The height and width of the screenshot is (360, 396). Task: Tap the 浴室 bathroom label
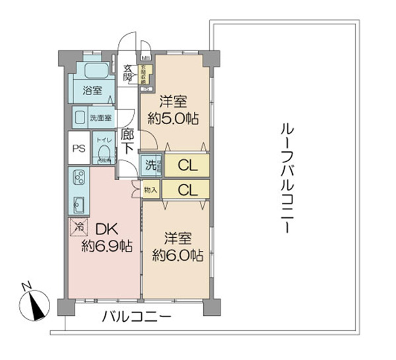click(x=92, y=90)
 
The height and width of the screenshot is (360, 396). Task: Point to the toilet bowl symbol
click(x=102, y=154)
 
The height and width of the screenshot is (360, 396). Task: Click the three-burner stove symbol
click(x=78, y=178)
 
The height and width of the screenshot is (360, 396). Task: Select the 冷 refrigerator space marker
click(x=77, y=227)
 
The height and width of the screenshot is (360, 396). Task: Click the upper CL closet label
click(x=187, y=163)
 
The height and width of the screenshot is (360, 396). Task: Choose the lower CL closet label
click(x=187, y=190)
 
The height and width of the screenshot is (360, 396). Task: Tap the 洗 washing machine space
click(x=151, y=164)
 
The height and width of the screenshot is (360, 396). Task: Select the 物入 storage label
click(x=150, y=190)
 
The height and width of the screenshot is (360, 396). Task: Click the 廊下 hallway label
click(x=128, y=141)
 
